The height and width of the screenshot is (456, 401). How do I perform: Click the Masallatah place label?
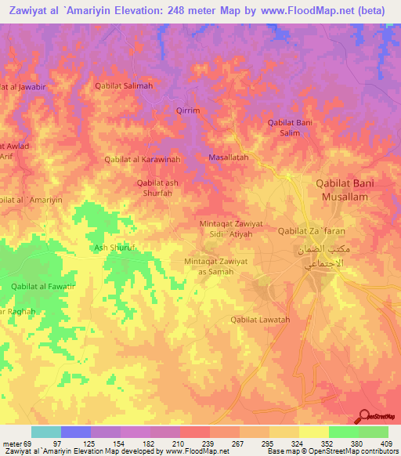click(x=228, y=157)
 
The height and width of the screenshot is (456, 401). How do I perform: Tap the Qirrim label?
click(x=189, y=111)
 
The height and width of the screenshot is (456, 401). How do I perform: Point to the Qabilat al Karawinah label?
click(x=143, y=159)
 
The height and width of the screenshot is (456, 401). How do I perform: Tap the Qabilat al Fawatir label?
click(x=43, y=286)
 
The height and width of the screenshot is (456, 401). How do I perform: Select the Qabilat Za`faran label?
click(x=309, y=231)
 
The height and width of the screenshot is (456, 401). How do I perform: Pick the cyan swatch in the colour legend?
click(x=45, y=432)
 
